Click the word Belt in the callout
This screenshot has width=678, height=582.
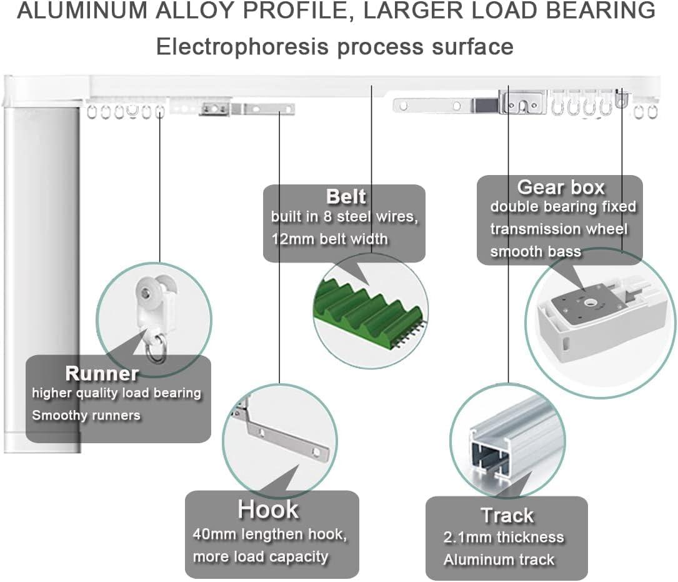tap(346, 196)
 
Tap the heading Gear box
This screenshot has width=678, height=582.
tap(561, 187)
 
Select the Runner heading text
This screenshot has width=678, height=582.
tap(102, 373)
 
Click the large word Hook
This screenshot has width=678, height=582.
tap(268, 510)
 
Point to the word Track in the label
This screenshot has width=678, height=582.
tap(507, 516)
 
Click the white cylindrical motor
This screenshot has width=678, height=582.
tap(42, 275)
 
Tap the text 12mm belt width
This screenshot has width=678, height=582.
tap(329, 239)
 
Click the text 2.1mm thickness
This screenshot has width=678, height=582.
tap(503, 537)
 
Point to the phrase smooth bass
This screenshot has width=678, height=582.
tap(536, 252)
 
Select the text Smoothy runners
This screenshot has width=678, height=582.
tap(86, 415)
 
